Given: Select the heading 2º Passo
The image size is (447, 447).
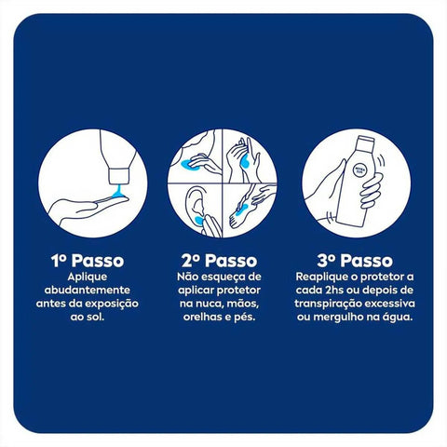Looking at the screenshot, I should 220,262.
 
